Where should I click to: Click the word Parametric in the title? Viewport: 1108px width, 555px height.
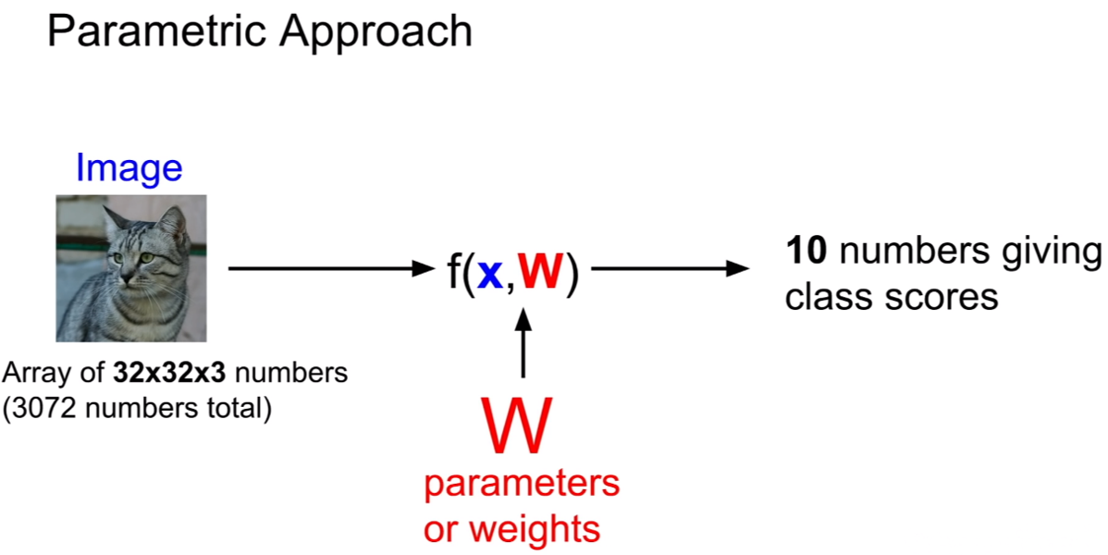tap(158, 31)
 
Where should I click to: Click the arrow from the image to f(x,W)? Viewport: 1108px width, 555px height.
tap(331, 268)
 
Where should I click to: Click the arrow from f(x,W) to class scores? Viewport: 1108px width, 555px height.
tap(670, 268)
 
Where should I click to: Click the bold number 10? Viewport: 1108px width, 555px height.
tap(806, 252)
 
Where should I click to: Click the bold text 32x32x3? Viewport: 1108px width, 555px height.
tap(169, 373)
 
